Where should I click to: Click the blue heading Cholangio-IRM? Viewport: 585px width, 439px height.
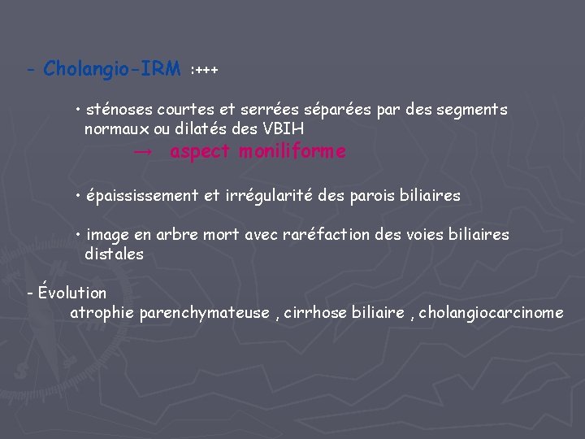point(112,69)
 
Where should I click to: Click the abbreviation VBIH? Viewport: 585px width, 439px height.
point(284,128)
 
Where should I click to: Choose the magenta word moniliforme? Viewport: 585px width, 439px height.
point(292,152)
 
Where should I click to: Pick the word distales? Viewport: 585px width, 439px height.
point(114,254)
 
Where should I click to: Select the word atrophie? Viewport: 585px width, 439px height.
point(102,312)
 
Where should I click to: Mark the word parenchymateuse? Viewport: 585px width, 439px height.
point(204,312)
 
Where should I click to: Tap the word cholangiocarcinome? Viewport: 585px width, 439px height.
point(492,312)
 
